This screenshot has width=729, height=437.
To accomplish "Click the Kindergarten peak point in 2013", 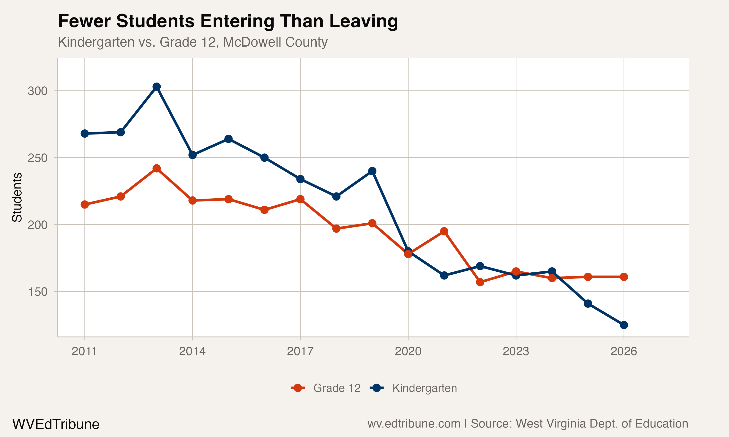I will pyautogui.click(x=156, y=87).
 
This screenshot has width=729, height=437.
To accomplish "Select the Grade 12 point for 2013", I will pyautogui.click(x=156, y=168).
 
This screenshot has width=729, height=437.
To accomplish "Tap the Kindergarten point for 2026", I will pyautogui.click(x=624, y=325).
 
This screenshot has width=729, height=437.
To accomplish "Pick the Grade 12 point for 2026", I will pyautogui.click(x=624, y=277).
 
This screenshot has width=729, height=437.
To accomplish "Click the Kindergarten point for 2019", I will pyautogui.click(x=372, y=171).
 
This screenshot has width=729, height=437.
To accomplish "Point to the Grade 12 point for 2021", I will pyautogui.click(x=444, y=231).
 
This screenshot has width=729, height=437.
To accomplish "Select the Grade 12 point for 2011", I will pyautogui.click(x=85, y=205).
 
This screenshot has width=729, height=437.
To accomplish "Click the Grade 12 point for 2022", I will pyautogui.click(x=480, y=282).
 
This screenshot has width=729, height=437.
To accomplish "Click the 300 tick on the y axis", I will pyautogui.click(x=37, y=91).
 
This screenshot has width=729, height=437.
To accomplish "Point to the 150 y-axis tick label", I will pyautogui.click(x=37, y=292).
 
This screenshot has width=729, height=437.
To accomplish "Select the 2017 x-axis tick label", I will pyautogui.click(x=300, y=351).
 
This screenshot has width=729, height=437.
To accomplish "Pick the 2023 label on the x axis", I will pyautogui.click(x=516, y=351).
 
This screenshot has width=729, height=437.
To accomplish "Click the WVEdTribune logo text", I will pyautogui.click(x=56, y=424).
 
